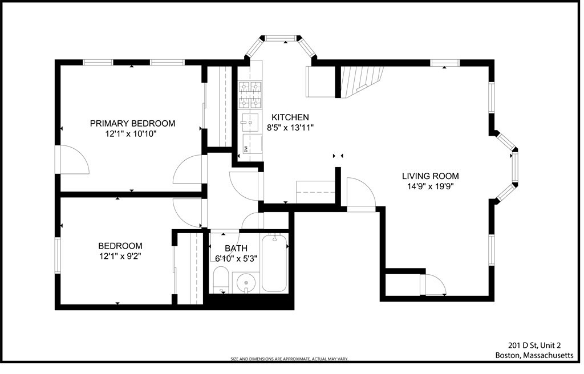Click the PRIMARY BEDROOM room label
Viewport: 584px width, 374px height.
tap(132, 123)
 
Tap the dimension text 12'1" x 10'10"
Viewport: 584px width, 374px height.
tap(131, 134)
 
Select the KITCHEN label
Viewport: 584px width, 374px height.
tap(290, 117)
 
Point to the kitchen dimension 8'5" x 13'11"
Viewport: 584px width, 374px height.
tap(290, 128)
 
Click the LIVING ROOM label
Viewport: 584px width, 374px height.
tap(430, 176)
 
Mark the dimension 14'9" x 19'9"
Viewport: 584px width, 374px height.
tap(430, 186)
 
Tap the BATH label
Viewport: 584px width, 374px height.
tap(236, 248)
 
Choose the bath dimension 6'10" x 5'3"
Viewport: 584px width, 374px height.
tap(236, 258)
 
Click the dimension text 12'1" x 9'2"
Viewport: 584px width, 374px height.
tap(120, 257)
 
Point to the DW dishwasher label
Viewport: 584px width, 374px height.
tap(246, 149)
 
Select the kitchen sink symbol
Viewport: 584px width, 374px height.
tap(250, 122)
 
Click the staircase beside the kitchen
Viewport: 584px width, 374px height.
tap(360, 79)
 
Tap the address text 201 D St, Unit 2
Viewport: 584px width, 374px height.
tap(534, 345)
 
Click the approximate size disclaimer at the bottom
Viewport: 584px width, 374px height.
tap(289, 359)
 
